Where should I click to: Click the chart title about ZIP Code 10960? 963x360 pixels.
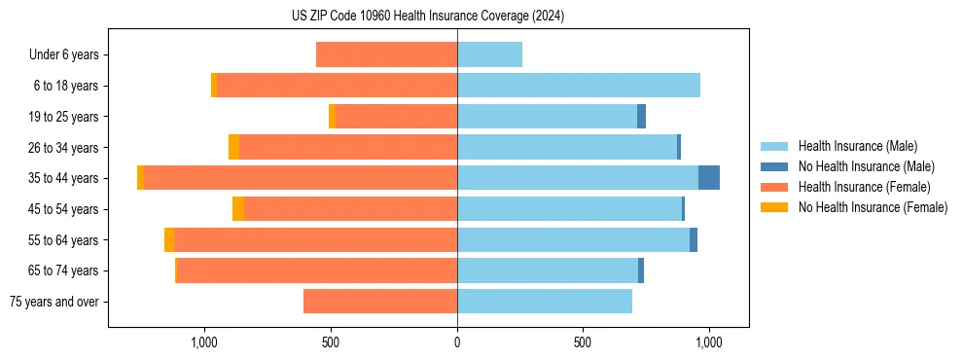click(x=428, y=16)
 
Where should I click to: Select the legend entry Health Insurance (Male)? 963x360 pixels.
click(x=857, y=146)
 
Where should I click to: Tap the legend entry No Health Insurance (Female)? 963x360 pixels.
click(x=873, y=207)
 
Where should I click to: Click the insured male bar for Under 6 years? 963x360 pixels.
click(x=489, y=55)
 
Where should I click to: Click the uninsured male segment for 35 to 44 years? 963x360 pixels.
click(x=709, y=178)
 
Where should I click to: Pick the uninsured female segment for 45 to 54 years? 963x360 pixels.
click(x=238, y=209)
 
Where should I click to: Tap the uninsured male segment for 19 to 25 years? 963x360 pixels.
click(x=641, y=117)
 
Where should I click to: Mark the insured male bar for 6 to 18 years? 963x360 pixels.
click(x=579, y=86)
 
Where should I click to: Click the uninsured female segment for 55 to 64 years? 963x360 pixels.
click(x=169, y=240)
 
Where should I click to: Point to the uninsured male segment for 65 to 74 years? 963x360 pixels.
click(x=641, y=270)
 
